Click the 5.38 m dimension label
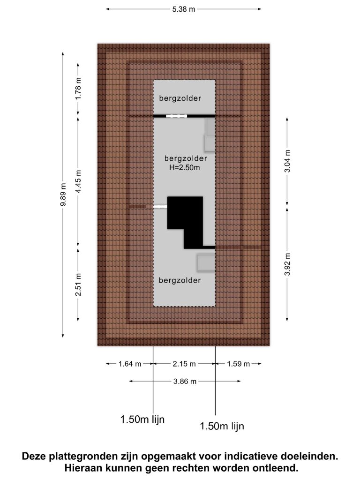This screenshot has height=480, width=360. pyautogui.click(x=183, y=9)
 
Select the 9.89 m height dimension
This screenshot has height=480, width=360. pyautogui.click(x=63, y=195)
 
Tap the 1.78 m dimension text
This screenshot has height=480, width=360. pyautogui.click(x=78, y=89)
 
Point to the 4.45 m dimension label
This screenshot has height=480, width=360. pyautogui.click(x=78, y=181)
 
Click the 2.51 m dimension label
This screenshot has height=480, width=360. pyautogui.click(x=78, y=285)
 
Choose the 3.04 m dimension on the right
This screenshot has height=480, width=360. pyautogui.click(x=287, y=161)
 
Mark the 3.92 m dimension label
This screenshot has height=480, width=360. pyautogui.click(x=287, y=264)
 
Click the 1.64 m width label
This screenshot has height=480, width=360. pyautogui.click(x=130, y=364)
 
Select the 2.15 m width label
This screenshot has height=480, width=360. pyautogui.click(x=184, y=364)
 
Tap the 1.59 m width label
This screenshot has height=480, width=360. pyautogui.click(x=238, y=364)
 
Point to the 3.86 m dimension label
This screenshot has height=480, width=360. pyautogui.click(x=185, y=382)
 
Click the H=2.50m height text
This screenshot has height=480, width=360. pyautogui.click(x=185, y=167)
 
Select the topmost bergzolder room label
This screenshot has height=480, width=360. pyautogui.click(x=180, y=98)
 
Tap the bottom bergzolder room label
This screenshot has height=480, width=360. pyautogui.click(x=180, y=280)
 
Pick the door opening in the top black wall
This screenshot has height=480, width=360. pyautogui.click(x=176, y=116)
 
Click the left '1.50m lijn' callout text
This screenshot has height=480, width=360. pyautogui.click(x=142, y=420)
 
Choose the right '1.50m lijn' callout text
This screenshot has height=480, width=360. pyautogui.click(x=222, y=426)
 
